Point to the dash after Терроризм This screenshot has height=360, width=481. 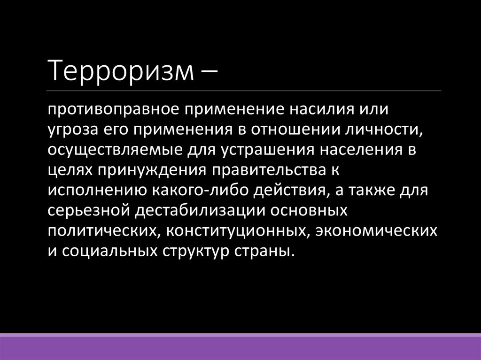point(208,71)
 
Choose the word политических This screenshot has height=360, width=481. point(101,230)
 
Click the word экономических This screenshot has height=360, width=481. point(377,230)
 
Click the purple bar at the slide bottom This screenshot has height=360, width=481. point(240,347)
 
